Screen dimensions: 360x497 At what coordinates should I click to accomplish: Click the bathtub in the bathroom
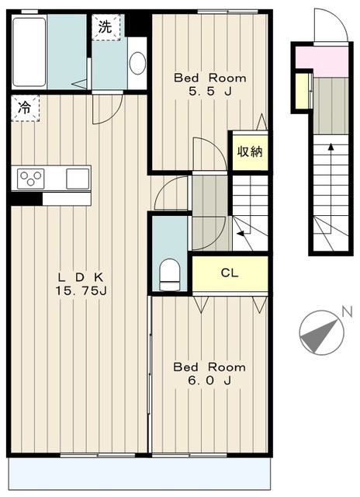click(x=29, y=52)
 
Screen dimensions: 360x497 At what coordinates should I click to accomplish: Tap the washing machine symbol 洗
click(x=106, y=27)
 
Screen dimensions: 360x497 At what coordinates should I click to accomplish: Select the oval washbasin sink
click(x=138, y=63)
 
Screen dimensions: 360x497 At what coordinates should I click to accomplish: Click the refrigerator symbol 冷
click(x=24, y=108)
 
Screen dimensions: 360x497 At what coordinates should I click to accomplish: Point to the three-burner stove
click(x=31, y=179)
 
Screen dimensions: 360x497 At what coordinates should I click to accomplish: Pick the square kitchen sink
click(x=78, y=179)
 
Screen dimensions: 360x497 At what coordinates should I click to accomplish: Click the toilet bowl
click(x=169, y=274)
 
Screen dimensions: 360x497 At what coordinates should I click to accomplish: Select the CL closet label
click(x=230, y=273)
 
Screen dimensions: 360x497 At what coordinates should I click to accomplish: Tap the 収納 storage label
click(x=250, y=152)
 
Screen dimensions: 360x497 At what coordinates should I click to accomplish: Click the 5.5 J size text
click(x=210, y=92)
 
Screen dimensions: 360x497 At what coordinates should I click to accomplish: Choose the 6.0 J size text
click(x=209, y=381)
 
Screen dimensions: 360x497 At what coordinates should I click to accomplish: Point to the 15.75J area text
click(x=81, y=290)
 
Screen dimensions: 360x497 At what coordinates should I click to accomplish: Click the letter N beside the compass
click(x=348, y=312)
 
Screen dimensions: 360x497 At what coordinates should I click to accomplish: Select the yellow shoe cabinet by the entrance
click(x=302, y=91)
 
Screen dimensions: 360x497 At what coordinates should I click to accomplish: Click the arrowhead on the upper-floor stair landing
click(x=241, y=234)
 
